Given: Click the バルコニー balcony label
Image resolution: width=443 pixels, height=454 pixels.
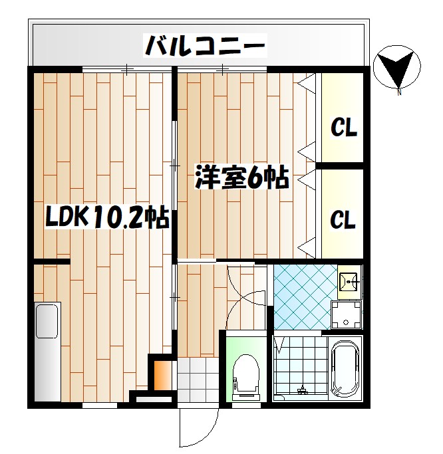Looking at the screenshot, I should click(206, 46).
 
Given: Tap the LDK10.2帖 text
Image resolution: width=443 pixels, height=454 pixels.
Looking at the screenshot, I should click(106, 217).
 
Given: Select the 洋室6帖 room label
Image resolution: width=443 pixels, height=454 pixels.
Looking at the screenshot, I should click(241, 178).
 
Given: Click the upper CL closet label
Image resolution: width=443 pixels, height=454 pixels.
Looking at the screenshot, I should click(344, 126).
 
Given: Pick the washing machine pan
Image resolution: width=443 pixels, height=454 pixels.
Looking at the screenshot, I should click(347, 314).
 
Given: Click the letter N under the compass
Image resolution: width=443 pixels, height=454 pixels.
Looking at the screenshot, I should click(399, 92).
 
